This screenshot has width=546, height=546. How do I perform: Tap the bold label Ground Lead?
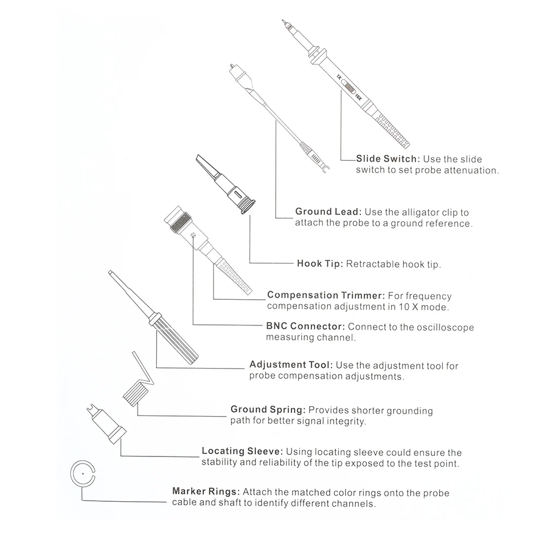(x=328, y=212)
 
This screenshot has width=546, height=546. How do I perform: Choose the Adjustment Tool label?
(x=290, y=365)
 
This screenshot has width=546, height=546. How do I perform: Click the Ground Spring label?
(x=268, y=410)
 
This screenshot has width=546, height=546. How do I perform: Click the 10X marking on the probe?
(x=358, y=99)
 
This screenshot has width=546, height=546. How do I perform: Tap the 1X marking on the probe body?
(x=339, y=77)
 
